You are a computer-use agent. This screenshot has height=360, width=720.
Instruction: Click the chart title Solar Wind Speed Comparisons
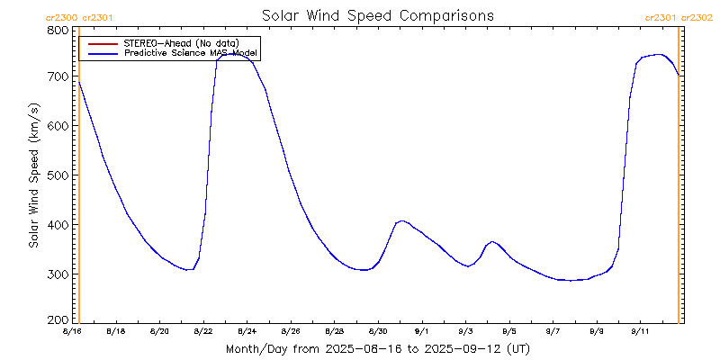coord(378,15)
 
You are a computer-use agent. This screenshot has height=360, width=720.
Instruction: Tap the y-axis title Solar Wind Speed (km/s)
coord(34,175)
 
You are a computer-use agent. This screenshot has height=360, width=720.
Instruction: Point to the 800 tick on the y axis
coord(57,30)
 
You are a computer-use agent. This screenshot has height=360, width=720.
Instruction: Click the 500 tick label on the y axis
coord(57,175)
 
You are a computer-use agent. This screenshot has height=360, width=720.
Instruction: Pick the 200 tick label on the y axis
coord(57,319)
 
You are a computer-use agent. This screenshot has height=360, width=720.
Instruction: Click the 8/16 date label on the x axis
coord(72,331)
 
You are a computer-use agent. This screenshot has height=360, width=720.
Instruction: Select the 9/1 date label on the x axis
coord(421,331)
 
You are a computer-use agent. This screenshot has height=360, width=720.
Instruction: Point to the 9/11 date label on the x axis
coord(640,331)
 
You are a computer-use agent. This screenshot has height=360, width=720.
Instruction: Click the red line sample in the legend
coord(102,43)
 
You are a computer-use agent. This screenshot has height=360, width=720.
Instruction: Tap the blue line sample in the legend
coord(102,53)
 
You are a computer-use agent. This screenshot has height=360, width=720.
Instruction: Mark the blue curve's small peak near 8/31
coord(401,220)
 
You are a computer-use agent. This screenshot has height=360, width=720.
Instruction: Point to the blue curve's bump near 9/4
coord(491,242)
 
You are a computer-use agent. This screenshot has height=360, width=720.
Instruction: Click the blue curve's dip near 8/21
coord(189,269)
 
